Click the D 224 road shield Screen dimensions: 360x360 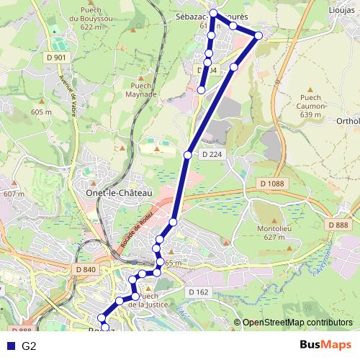tap(211, 154)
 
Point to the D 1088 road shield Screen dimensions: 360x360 tap(271, 184)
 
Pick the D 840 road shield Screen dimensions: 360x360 tap(85, 269)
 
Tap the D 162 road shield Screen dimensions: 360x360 tap(199, 292)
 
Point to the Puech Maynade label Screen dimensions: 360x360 tap(141, 89)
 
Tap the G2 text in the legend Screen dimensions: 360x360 tap(29, 346)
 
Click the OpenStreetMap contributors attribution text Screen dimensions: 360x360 tap(297, 323)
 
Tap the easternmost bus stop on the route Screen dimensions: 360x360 tap(258, 35)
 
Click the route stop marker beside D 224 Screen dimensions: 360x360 tap(188, 155)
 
